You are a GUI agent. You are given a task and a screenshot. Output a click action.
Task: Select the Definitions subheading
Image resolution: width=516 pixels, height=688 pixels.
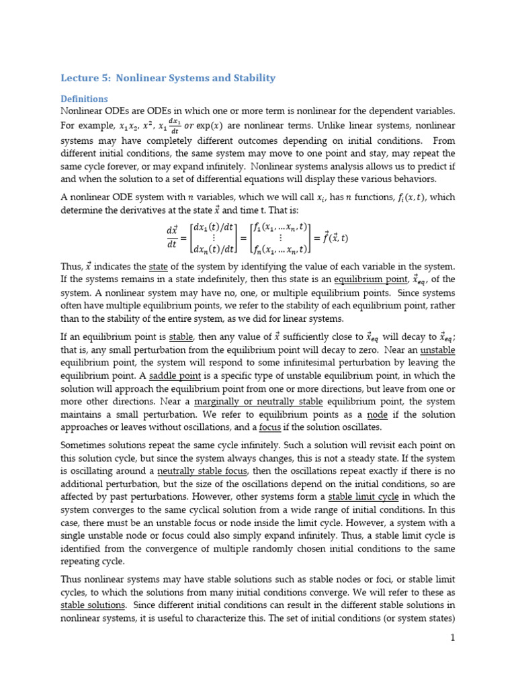click(x=84, y=99)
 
